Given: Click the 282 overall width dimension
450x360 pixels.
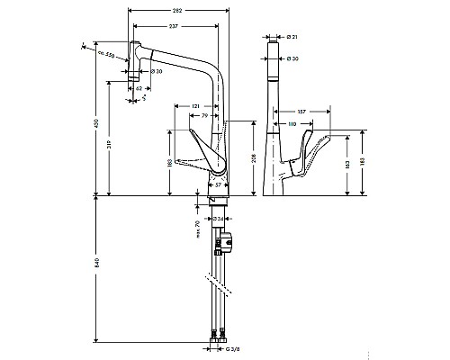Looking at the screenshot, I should [x=180, y=10].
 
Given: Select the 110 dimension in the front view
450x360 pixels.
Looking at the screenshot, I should [x=292, y=122].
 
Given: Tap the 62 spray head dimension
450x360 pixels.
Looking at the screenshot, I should [x=137, y=88].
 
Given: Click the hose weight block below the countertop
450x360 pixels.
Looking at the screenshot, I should [x=224, y=240].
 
